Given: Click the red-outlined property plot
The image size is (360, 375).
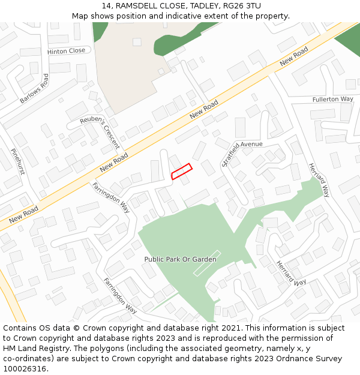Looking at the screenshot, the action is [181, 172].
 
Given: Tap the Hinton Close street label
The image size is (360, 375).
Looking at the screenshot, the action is [66, 51].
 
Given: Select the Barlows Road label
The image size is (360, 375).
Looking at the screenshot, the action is [34, 89].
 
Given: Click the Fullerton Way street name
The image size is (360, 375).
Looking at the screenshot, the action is [332, 99].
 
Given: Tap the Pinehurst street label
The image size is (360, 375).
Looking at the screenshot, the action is [17, 162].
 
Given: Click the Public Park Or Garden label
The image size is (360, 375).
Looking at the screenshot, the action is [180, 259].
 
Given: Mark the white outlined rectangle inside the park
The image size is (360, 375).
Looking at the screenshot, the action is [206, 263].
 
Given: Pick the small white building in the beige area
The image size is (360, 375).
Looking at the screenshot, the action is [137, 42].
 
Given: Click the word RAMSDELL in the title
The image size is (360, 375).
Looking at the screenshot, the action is [139, 6].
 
